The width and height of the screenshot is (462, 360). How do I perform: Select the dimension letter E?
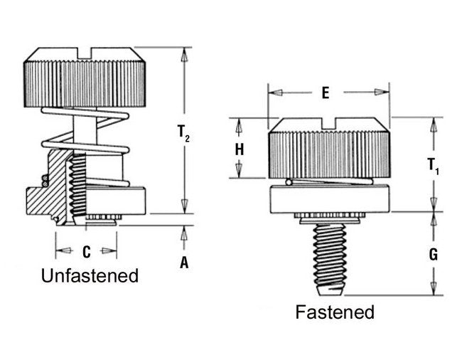(325, 93)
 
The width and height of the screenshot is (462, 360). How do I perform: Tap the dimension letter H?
(240, 149)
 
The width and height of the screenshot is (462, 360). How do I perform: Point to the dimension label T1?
(433, 166)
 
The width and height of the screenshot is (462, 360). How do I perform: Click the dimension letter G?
(433, 254)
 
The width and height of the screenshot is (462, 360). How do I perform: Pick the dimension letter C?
(86, 251)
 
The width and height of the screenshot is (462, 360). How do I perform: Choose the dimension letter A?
(184, 263)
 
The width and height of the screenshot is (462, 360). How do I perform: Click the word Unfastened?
(90, 275)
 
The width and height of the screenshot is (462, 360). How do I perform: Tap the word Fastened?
(335, 312)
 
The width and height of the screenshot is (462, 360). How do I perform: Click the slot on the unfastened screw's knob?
(86, 52)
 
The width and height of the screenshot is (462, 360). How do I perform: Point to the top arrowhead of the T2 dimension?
(184, 54)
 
